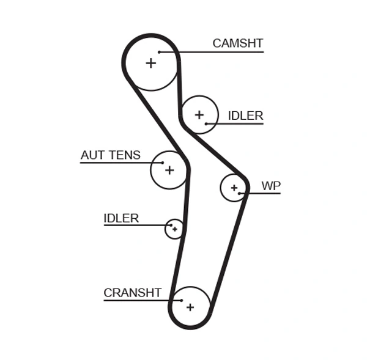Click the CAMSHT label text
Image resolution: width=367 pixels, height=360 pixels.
pos(237,43)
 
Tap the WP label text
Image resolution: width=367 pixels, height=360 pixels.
pos(270,186)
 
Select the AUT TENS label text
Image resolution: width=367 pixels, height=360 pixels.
pos(110,155)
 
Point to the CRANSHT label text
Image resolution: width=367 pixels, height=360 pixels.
pos(132,293)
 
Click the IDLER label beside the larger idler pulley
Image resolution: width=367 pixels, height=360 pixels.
pos(245,116)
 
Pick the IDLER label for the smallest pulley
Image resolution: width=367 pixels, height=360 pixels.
pos(121,218)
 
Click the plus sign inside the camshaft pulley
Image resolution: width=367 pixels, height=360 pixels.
pos(150,62)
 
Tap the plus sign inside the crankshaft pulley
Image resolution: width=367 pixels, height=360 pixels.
pos(190,307)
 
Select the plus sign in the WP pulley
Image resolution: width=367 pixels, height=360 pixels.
pos(233,188)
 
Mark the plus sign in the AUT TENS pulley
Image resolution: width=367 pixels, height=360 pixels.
pos(169,170)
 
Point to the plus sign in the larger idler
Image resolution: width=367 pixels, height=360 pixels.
pos(199,114)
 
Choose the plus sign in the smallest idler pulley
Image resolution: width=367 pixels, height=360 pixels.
pos(175,229)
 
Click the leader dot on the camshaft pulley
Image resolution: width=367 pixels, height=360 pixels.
pos(159,52)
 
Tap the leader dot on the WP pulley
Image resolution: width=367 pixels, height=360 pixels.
pos(240,194)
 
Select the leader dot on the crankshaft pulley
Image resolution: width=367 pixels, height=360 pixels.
pos(182,300)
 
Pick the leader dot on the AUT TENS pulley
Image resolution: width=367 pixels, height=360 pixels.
pos(162,163)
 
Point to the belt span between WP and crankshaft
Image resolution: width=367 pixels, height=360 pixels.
pos(229,251)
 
